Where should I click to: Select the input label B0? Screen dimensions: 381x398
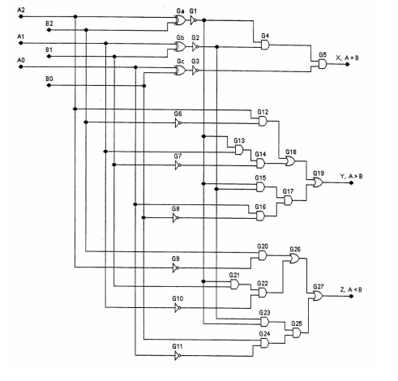pyautogui.click(x=49, y=79)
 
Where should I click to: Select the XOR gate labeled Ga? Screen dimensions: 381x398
pyautogui.click(x=180, y=20)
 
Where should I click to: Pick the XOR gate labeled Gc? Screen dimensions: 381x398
pyautogui.click(x=180, y=71)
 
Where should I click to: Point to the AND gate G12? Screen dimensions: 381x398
pyautogui.click(x=262, y=121)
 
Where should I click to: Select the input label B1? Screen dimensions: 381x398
pyautogui.click(x=49, y=50)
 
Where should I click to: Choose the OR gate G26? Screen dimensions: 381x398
pyautogui.click(x=294, y=259)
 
